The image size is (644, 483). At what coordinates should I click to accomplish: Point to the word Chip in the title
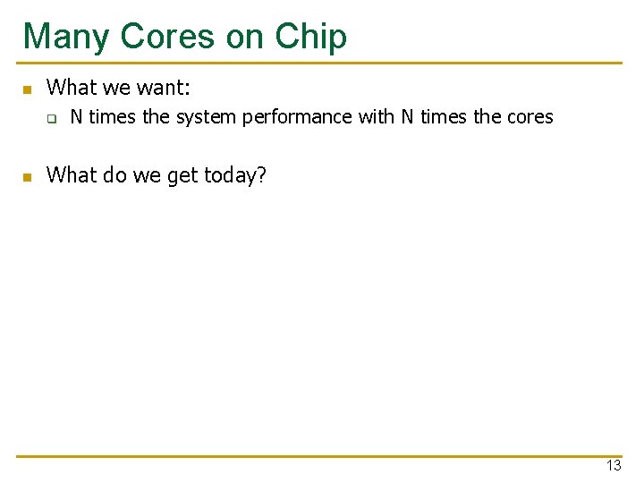[x=310, y=37]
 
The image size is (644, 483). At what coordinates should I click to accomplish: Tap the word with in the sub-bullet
[x=377, y=116]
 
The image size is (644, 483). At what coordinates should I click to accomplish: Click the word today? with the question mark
[x=235, y=174]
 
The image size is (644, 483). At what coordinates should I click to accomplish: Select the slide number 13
[x=613, y=466]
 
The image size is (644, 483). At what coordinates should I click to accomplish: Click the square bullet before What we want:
[x=28, y=89]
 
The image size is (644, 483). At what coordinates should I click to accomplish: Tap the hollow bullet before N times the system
[x=52, y=118]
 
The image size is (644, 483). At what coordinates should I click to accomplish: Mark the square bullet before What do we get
[x=28, y=176]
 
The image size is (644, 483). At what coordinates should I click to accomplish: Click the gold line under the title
[x=322, y=64]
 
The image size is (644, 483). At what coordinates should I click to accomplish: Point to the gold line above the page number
[x=322, y=456]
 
